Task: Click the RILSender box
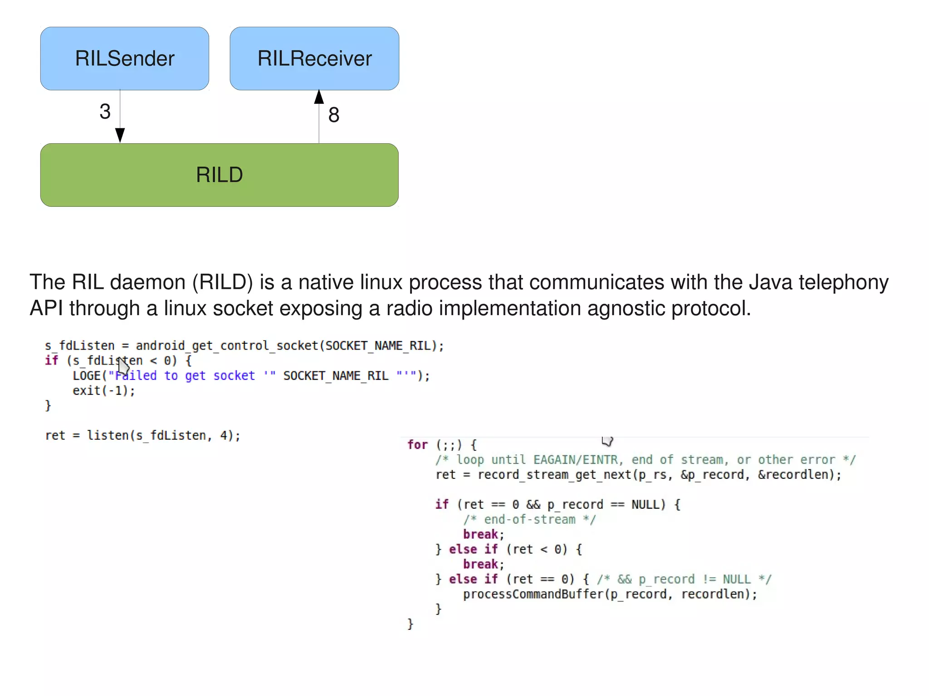coord(125,58)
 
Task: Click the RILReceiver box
coord(314,58)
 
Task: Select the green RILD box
coord(219,175)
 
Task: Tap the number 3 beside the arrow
coord(105,112)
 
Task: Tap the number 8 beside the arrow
coord(334,115)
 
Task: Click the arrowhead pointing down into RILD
coord(120,135)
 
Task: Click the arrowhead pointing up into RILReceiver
coord(319,97)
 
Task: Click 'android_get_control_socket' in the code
coord(227,346)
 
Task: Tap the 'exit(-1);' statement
coord(104,391)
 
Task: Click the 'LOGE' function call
coord(87,376)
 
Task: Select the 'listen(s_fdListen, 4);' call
coord(163,436)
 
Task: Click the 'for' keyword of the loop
coord(417,445)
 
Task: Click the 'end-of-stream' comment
coord(529,520)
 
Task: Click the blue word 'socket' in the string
coord(234,376)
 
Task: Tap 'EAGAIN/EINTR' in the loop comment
coord(575,460)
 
